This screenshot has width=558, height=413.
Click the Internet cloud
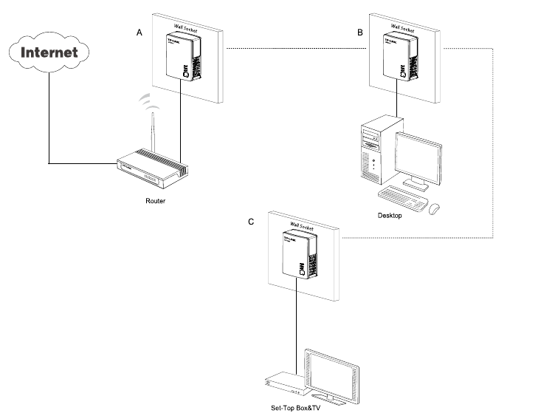tap(49, 53)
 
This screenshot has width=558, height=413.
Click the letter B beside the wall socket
tap(360, 34)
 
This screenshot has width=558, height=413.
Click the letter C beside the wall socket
tap(252, 221)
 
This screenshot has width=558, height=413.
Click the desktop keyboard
tap(402, 198)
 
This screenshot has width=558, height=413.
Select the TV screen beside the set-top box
tap(330, 372)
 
